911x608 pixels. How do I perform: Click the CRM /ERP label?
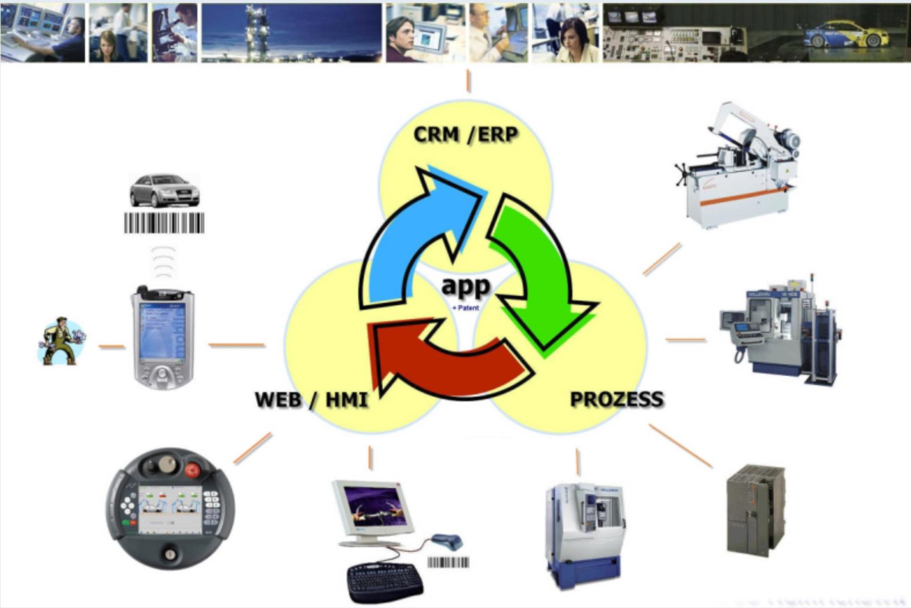tap(465, 134)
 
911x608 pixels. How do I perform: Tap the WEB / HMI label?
tap(311, 400)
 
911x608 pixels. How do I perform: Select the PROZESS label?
tap(616, 399)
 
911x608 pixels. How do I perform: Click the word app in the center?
tap(465, 285)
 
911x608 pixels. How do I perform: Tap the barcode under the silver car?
tap(164, 223)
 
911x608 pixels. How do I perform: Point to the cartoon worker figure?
tap(61, 341)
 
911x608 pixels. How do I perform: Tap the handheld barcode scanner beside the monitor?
tap(448, 541)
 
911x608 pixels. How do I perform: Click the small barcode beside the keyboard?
tap(449, 562)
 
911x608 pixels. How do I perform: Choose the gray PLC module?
tap(755, 510)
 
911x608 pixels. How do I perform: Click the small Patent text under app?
tap(466, 308)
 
